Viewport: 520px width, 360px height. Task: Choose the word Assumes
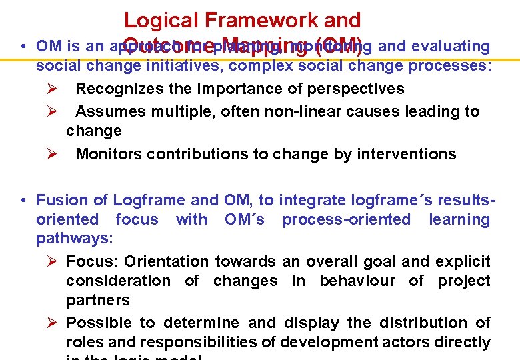click(x=111, y=111)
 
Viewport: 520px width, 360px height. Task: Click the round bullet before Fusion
click(x=23, y=201)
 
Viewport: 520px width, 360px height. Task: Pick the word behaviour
click(x=357, y=281)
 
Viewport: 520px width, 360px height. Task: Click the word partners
click(x=98, y=301)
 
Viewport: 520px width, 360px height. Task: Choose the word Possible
click(x=99, y=323)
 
